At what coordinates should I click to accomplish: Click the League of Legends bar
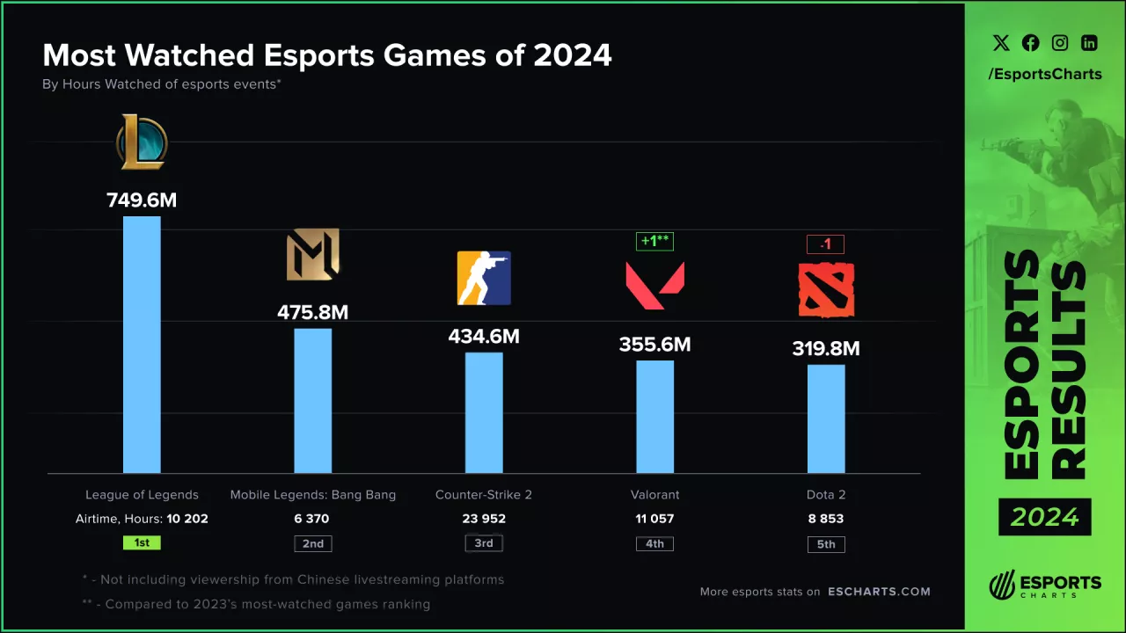pyautogui.click(x=142, y=345)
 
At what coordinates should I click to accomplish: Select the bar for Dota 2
pyautogui.click(x=826, y=418)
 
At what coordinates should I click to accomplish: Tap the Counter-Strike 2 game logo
pyautogui.click(x=484, y=278)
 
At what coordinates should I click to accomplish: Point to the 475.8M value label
pyautogui.click(x=313, y=312)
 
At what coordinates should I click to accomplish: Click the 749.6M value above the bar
pyautogui.click(x=142, y=200)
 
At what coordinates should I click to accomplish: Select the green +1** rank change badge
pyautogui.click(x=654, y=241)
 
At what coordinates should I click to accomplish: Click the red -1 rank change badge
pyautogui.click(x=825, y=244)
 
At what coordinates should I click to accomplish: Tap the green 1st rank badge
pyautogui.click(x=142, y=542)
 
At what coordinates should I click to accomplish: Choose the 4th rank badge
pyautogui.click(x=654, y=543)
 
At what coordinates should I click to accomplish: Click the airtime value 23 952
pyautogui.click(x=484, y=519)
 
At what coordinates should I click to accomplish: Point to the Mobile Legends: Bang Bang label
pyautogui.click(x=313, y=494)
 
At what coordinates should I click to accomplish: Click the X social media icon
pyautogui.click(x=1001, y=42)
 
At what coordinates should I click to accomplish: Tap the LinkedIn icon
pyautogui.click(x=1089, y=42)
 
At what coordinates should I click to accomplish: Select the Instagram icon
pyautogui.click(x=1060, y=42)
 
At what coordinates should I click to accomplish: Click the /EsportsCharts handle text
pyautogui.click(x=1045, y=74)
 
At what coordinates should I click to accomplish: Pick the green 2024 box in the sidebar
pyautogui.click(x=1044, y=517)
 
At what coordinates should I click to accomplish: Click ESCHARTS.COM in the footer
pyautogui.click(x=879, y=591)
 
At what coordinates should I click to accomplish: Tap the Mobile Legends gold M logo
pyautogui.click(x=313, y=255)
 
